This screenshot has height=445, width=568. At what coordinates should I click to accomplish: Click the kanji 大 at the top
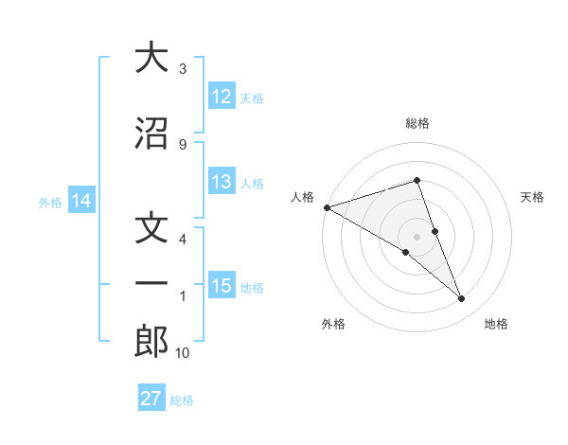pos(151,58)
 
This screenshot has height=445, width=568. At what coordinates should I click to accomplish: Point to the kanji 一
pos(151,283)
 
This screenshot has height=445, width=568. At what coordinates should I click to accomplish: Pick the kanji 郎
pos(151,342)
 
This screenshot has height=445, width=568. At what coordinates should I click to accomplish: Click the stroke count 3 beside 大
pos(183,69)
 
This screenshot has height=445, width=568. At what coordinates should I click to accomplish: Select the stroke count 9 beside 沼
pos(183,144)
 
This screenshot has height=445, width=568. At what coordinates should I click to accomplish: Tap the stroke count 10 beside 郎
pos(183,353)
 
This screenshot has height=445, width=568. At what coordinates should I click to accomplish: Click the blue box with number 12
pos(222,98)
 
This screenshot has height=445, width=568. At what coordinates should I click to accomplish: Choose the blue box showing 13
pos(222,182)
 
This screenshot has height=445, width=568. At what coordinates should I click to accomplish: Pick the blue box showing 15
pos(222,286)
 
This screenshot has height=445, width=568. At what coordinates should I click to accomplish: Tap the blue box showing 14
pos(81,201)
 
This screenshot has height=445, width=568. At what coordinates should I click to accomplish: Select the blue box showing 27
pos(151,399)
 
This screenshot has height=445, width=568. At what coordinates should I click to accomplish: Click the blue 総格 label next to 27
pos(182,400)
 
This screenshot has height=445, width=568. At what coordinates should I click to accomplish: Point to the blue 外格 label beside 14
pos(50,202)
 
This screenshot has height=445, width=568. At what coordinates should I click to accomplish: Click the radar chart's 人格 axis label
pos(302,197)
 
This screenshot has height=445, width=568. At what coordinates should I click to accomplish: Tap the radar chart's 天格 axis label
pos(533,197)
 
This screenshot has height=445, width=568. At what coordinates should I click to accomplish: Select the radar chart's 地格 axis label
pos(496,324)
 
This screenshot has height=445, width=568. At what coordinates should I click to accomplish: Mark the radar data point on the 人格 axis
pos(327,206)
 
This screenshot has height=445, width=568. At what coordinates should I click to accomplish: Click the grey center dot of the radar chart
pos(417,236)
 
